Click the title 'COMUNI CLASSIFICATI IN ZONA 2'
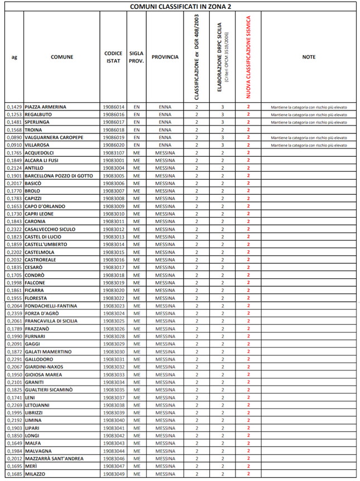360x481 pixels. tap(180, 6)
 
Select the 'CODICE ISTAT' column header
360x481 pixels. tap(113, 57)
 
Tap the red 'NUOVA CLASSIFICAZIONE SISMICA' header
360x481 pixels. tap(248, 57)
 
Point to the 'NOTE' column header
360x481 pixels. tap(309, 57)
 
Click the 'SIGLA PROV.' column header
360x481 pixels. tap(136, 57)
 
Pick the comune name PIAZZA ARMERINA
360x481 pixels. tap(46, 107)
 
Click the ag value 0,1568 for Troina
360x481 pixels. tap(14, 129)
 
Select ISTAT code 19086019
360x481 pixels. tap(113, 137)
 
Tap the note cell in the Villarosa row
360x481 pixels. tap(309, 145)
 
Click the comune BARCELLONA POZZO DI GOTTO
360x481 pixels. tap(59, 176)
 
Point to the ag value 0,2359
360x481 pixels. tap(14, 314)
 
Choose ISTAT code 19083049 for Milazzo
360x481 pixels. tap(113, 474)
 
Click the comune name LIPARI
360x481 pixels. tap(34, 428)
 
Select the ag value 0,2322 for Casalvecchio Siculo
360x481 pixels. tap(14, 229)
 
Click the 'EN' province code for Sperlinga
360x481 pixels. tap(136, 122)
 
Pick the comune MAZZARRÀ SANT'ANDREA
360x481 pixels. tap(54, 459)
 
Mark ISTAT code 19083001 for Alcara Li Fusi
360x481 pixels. tap(113, 160)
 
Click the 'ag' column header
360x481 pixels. tap(14, 57)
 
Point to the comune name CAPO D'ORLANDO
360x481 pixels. tap(45, 206)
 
